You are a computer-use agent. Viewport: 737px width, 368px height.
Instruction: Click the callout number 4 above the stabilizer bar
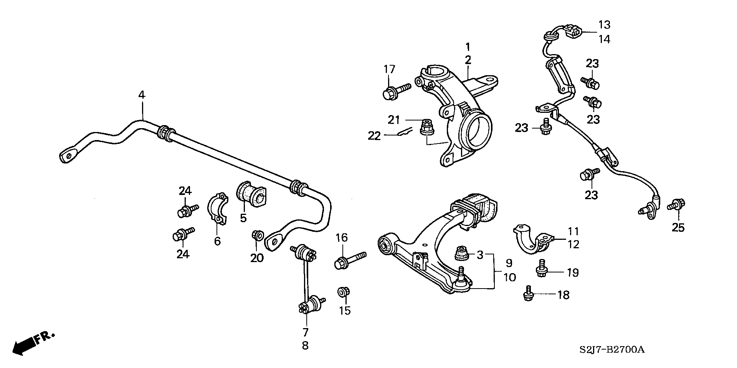142,95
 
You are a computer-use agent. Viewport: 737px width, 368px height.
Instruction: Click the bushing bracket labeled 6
218,209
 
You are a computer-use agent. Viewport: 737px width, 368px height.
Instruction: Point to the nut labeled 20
258,235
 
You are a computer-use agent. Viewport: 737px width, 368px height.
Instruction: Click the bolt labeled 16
350,260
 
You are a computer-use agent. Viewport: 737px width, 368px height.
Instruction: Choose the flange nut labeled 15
343,292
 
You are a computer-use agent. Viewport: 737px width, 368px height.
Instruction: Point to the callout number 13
604,25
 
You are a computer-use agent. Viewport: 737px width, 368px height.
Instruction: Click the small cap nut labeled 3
462,254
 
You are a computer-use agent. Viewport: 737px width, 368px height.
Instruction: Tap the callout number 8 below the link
305,345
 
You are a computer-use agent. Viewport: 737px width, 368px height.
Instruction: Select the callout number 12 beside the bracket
573,244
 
